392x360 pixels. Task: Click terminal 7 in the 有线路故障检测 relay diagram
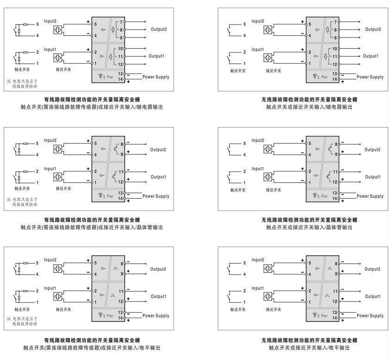pos(121,22)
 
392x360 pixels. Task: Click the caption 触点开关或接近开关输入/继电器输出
pos(309,107)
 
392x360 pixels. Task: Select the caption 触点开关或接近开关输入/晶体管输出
pos(309,227)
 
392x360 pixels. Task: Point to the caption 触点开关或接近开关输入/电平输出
pos(309,347)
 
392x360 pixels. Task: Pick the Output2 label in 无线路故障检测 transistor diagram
pos(373,149)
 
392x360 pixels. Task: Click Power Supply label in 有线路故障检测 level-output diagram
pos(156,316)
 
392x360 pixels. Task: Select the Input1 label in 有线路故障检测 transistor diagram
pos(50,168)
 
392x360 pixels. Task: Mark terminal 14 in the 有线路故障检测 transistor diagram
pos(121,199)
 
